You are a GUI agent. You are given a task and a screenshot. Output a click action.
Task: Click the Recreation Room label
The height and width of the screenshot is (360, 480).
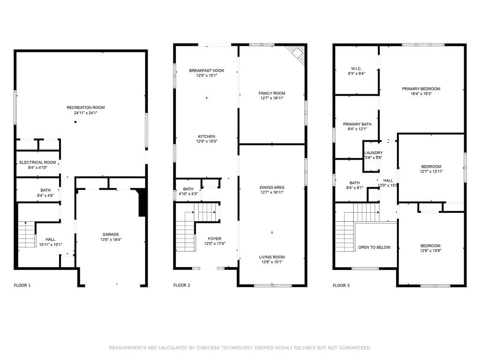(86, 107)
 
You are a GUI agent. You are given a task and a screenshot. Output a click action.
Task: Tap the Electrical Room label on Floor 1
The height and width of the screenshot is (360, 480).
(37, 162)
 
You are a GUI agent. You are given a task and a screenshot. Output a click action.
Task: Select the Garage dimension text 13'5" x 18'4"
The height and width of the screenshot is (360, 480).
(111, 240)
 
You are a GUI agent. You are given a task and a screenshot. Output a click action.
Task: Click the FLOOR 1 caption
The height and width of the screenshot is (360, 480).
(22, 285)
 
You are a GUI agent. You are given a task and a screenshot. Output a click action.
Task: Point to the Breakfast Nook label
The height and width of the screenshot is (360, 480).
(207, 70)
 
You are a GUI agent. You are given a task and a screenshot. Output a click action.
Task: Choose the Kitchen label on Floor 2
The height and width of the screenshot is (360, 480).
(207, 136)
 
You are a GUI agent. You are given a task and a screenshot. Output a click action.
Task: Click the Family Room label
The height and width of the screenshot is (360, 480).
(272, 93)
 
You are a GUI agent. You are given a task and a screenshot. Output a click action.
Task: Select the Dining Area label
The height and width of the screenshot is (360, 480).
(272, 187)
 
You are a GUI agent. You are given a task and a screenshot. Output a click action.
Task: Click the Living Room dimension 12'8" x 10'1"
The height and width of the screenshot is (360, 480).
(272, 262)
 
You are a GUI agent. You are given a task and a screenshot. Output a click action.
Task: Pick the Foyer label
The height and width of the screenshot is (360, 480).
(215, 239)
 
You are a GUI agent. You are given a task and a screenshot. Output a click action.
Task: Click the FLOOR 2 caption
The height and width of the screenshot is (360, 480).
(182, 285)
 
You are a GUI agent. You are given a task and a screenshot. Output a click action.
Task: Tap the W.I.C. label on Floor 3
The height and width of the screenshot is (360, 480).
(356, 68)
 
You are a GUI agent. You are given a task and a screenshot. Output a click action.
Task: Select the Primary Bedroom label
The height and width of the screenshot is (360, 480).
(421, 89)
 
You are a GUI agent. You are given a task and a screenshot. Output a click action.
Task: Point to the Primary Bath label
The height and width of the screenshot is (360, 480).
(357, 124)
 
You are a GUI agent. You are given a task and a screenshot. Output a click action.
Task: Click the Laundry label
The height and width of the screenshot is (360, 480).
(374, 153)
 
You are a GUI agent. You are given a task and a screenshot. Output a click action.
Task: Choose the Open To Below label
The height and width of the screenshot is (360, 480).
(375, 247)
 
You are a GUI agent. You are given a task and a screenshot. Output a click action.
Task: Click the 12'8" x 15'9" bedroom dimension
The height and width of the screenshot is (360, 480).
(430, 250)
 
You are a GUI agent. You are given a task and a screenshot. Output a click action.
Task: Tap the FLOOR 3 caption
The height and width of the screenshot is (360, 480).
(341, 285)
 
